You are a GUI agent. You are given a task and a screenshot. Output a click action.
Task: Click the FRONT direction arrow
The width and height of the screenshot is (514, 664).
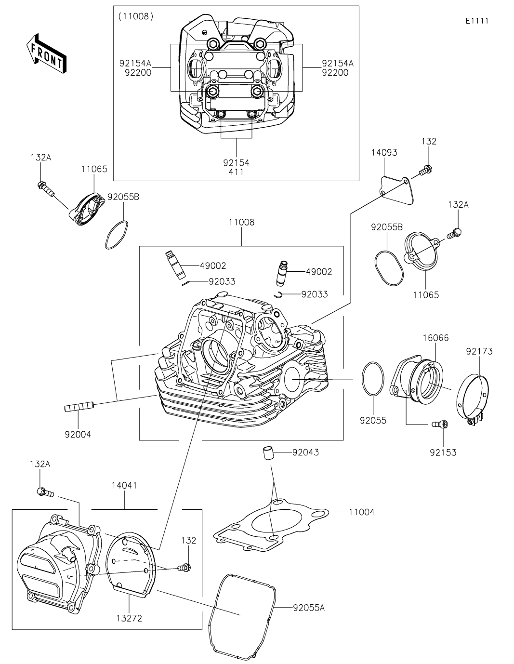coord(46,53)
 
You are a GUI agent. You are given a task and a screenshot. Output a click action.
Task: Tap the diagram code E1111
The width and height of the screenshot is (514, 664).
coord(477,21)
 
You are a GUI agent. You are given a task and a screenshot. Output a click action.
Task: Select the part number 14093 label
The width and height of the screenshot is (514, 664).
coord(384,152)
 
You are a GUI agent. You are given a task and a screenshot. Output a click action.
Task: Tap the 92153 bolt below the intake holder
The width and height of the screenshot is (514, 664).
coord(440,424)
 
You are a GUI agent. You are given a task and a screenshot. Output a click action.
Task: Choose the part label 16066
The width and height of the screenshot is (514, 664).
coord(436,338)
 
